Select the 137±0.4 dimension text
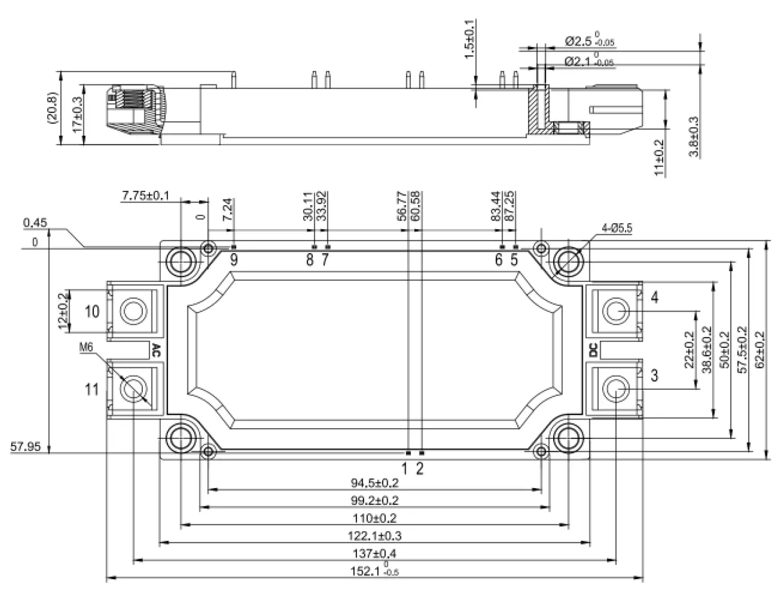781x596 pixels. (x=374, y=553)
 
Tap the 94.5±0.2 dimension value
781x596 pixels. (x=374, y=482)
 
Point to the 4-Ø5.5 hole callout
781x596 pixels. (x=617, y=229)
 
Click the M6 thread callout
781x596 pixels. (x=86, y=348)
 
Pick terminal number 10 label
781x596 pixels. (x=92, y=311)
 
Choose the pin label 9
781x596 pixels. (x=234, y=260)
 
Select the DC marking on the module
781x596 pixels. (x=593, y=350)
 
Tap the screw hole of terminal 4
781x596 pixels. (x=616, y=311)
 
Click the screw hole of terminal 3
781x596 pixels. (x=616, y=389)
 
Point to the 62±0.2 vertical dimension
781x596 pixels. (x=759, y=349)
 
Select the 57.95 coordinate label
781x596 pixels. (x=25, y=447)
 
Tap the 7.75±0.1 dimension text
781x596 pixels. (x=145, y=195)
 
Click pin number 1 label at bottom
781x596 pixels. (x=405, y=468)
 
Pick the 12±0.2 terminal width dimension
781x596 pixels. (x=64, y=311)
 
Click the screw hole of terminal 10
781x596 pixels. (x=133, y=311)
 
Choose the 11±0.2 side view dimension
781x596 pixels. (x=659, y=158)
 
